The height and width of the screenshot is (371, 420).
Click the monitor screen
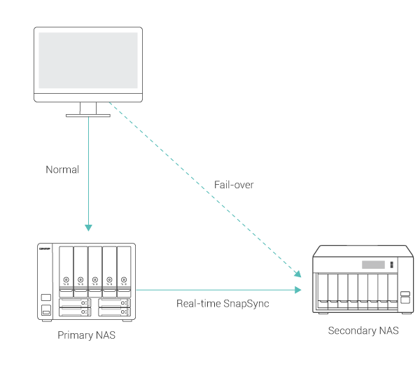click(88, 62)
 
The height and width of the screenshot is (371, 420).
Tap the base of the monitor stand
click(89, 115)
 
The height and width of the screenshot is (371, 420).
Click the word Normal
click(62, 169)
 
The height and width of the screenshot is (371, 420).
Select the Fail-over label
click(234, 185)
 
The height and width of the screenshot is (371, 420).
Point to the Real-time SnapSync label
click(223, 304)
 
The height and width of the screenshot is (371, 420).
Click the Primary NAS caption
click(87, 336)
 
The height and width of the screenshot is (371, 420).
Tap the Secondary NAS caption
click(363, 330)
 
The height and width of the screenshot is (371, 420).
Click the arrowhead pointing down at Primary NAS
click(88, 227)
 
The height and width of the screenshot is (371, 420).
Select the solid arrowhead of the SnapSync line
click(298, 289)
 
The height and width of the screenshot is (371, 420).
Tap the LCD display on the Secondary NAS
click(373, 265)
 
